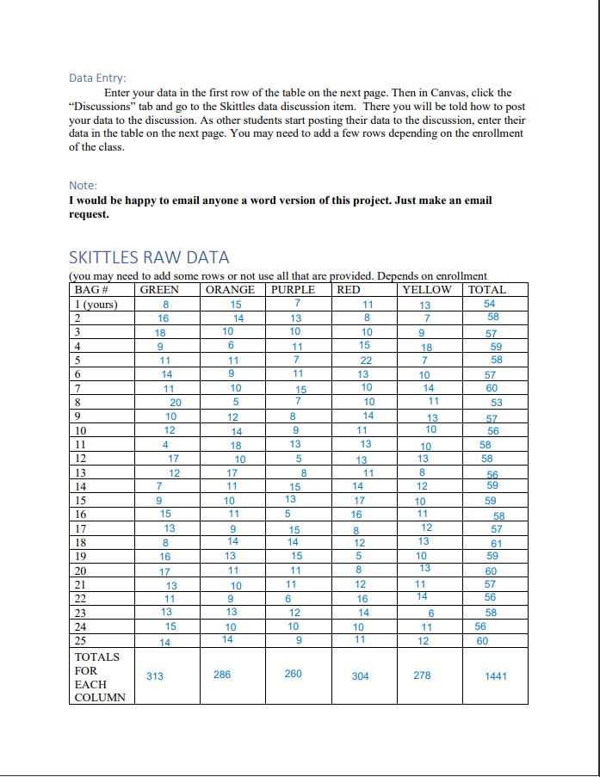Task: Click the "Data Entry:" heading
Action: coord(96,78)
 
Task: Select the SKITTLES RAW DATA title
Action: coord(148,257)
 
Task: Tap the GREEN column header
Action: coord(159,290)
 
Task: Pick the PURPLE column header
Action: coord(294,290)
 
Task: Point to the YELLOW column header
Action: coord(427,290)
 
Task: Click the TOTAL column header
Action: coord(487,290)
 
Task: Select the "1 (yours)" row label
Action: coord(96,304)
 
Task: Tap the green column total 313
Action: coord(155,676)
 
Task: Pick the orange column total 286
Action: coord(222,675)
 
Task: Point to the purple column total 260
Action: coord(293,674)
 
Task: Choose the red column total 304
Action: coord(361,676)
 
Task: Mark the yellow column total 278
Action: coord(422,675)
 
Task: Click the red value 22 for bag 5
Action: coord(366,360)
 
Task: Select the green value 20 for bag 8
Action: coord(176,402)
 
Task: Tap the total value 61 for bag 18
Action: coord(496,543)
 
